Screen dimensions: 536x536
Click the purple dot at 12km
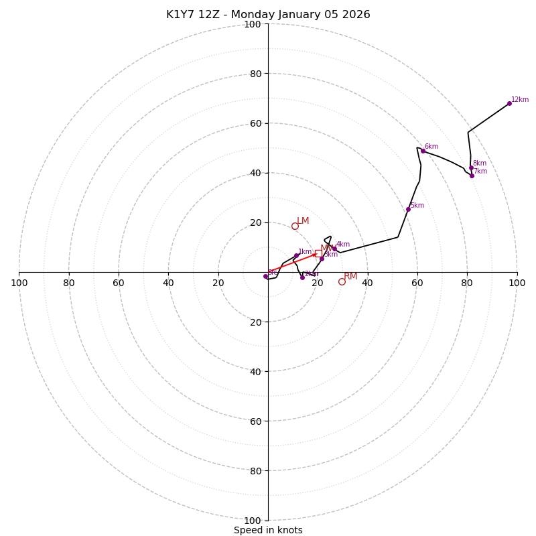(509, 103)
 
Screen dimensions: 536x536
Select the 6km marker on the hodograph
(423, 151)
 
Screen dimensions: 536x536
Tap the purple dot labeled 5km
(408, 209)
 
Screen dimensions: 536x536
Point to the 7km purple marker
(472, 176)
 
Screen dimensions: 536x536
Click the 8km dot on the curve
(471, 167)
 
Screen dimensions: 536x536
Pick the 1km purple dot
(296, 255)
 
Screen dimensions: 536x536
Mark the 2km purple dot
(302, 277)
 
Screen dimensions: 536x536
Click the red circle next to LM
(295, 226)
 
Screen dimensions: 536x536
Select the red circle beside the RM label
(342, 281)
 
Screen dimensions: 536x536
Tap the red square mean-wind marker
(318, 253)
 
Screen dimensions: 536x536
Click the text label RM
(350, 276)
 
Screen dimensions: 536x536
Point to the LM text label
(303, 220)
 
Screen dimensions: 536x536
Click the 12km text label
(520, 100)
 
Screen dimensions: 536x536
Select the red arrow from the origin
(292, 263)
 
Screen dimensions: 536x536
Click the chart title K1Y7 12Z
(268, 15)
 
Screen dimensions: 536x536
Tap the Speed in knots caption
(268, 530)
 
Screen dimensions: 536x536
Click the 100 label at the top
(253, 24)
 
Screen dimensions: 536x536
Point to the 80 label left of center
(69, 283)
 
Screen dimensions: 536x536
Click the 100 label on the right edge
(517, 283)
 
